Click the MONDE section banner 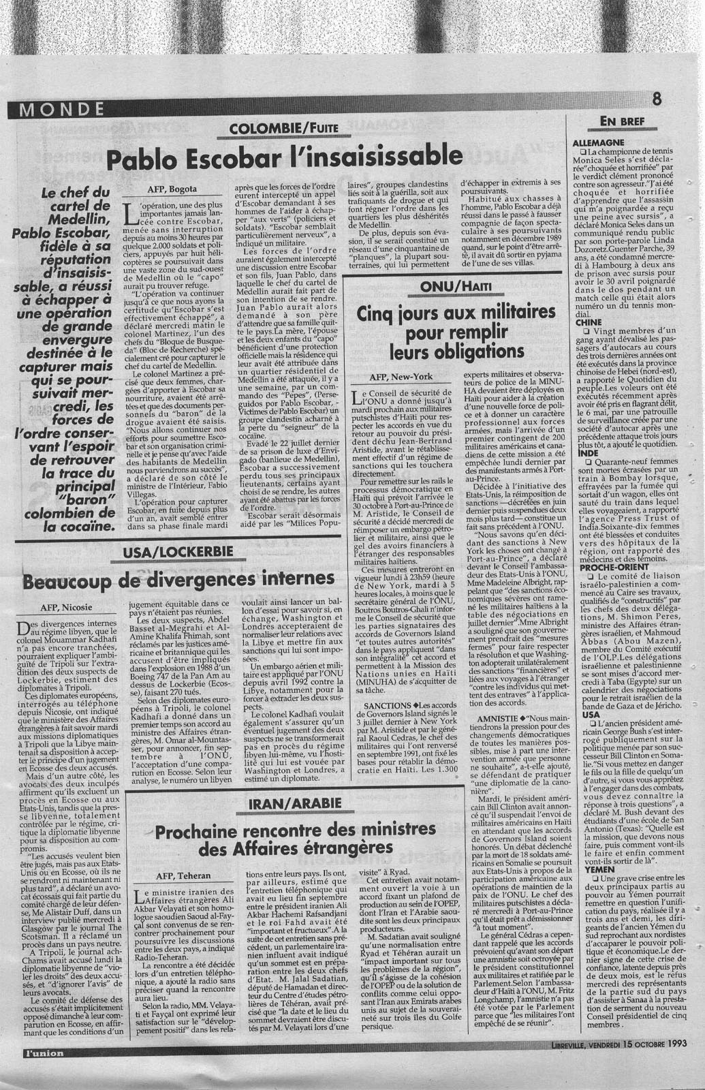(x=61, y=108)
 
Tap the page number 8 (x=656, y=99)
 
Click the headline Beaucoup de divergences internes (x=178, y=580)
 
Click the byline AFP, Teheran (x=184, y=875)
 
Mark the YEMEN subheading (x=589, y=869)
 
